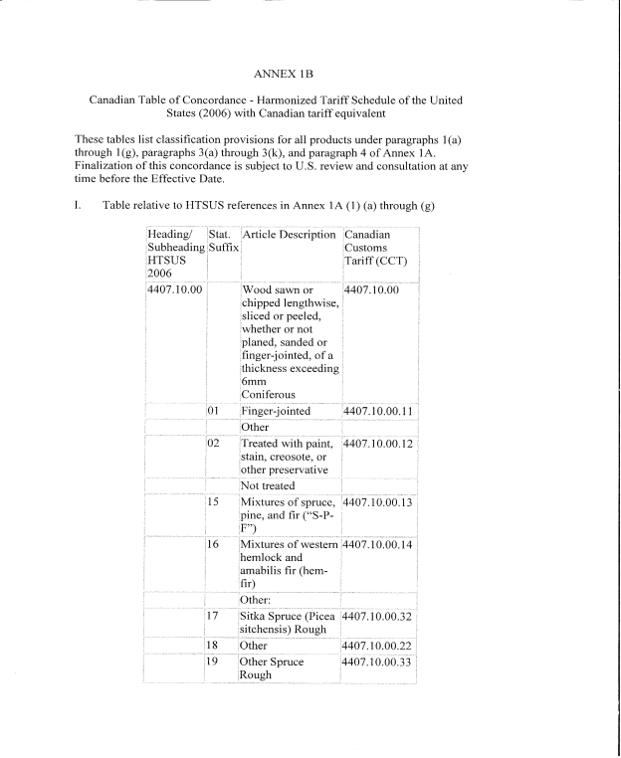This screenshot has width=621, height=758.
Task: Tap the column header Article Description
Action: pyautogui.click(x=289, y=235)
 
